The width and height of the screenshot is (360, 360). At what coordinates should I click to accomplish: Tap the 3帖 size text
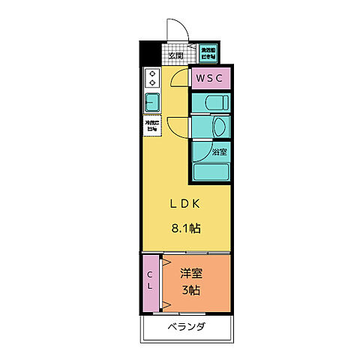click(190, 290)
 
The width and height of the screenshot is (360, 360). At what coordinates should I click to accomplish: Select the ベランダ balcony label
click(186, 327)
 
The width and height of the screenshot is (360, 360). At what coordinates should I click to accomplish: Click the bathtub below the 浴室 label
click(211, 171)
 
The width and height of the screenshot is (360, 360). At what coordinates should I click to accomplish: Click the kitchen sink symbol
click(152, 102)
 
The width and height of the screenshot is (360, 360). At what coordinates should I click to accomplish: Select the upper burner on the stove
click(152, 73)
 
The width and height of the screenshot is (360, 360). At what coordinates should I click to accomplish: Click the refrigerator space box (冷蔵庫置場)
click(152, 125)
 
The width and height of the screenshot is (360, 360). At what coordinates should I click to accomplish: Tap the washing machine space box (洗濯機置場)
click(208, 54)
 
